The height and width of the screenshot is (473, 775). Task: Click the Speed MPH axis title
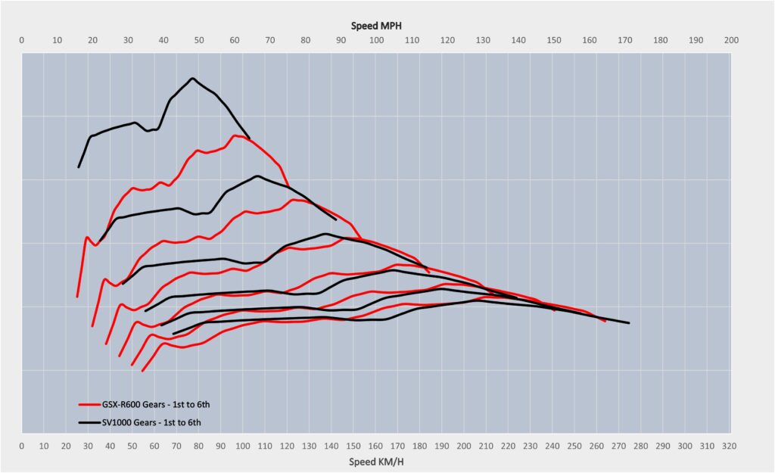pos(376,26)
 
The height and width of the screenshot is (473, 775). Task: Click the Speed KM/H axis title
pos(376,460)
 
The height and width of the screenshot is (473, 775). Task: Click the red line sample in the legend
pos(90,405)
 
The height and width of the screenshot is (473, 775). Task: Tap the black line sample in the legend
pos(90,422)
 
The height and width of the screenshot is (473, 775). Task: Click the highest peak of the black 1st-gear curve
pos(193,78)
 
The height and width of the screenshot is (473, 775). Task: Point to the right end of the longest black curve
pos(629,323)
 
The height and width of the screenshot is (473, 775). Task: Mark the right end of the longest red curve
pos(605,322)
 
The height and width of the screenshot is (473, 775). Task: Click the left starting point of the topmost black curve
pos(78,167)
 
